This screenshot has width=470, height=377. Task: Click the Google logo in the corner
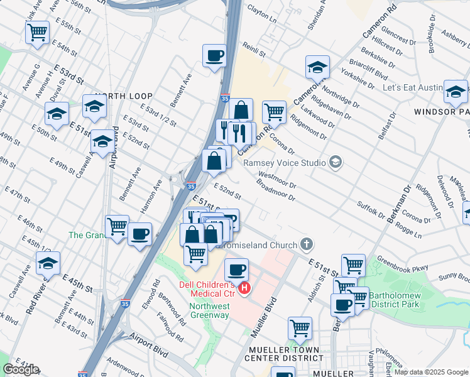[21, 369]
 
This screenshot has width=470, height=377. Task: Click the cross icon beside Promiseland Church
[306, 243]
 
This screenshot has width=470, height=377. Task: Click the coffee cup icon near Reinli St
[214, 55]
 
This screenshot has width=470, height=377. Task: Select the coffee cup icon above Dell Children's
[236, 270]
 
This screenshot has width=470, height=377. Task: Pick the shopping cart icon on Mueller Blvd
[300, 327]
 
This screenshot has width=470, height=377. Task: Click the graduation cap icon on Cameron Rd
[317, 67]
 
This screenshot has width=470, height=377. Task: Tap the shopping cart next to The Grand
[117, 226]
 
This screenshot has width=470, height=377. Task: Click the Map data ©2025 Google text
[432, 372]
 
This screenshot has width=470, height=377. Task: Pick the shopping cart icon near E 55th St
[37, 32]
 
